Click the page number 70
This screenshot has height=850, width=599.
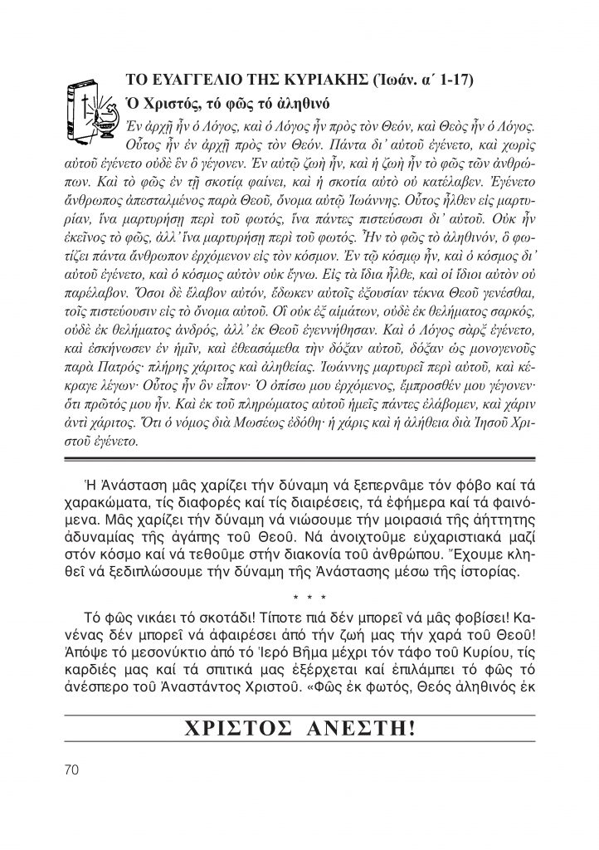(70, 769)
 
